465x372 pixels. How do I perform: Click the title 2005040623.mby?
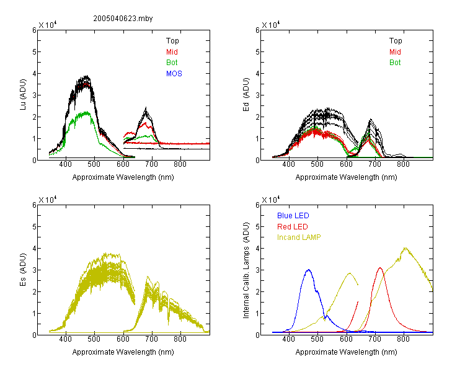tap(123, 19)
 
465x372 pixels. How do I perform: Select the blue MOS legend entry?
tap(174, 74)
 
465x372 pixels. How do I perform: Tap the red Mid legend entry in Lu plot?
tap(172, 52)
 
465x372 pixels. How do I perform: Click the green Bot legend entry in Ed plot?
tap(395, 63)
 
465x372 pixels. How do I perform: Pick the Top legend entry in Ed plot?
tap(396, 41)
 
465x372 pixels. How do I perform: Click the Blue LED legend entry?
tap(293, 216)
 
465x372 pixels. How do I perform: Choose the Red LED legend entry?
tap(293, 227)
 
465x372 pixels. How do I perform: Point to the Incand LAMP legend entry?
tap(299, 237)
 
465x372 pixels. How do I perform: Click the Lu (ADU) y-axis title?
tap(23, 95)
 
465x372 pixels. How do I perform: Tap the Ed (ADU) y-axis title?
tap(246, 95)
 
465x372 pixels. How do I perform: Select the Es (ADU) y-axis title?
tap(23, 270)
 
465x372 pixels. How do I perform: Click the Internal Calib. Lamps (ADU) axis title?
tap(246, 270)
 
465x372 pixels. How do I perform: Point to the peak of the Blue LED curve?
tap(309, 270)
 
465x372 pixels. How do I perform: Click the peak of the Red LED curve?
tap(380, 268)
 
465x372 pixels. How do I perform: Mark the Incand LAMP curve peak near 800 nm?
tap(405, 248)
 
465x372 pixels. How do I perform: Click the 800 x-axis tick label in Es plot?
tap(180, 339)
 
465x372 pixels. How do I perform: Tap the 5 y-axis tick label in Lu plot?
tap(34, 52)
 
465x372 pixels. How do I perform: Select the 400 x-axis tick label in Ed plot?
tap(288, 164)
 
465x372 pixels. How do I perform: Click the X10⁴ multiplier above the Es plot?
tap(48, 200)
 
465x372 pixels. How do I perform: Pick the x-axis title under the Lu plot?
tap(123, 177)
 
